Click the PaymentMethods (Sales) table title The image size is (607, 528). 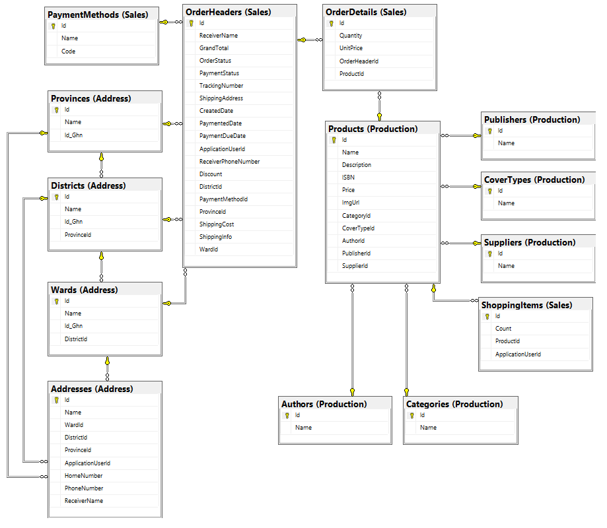tap(98, 15)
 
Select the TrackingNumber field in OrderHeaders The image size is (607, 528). tap(221, 86)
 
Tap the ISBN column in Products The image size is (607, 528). tap(348, 177)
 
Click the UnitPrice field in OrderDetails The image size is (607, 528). tap(351, 48)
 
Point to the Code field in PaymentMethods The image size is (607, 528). tap(68, 51)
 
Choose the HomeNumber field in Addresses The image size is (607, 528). tap(84, 475)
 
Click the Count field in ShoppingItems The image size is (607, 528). tap(503, 329)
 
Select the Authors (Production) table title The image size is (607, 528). tap(324, 404)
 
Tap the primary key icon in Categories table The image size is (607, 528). tap(412, 415)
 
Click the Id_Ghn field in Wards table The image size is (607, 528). tap(73, 325)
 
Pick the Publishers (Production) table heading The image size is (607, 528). tap(532, 119)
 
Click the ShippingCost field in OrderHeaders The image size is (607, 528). tap(217, 224)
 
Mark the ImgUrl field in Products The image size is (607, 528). tap(350, 203)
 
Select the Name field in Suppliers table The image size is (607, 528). tap(506, 266)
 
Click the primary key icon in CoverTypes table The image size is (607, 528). tap(490, 191)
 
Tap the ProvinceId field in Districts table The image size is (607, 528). tap(78, 234)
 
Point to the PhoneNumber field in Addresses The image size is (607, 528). tap(84, 488)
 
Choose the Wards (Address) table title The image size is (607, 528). tap(84, 290)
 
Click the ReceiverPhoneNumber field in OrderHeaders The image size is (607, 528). tap(229, 161)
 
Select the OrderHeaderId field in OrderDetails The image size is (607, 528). tap(359, 61)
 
